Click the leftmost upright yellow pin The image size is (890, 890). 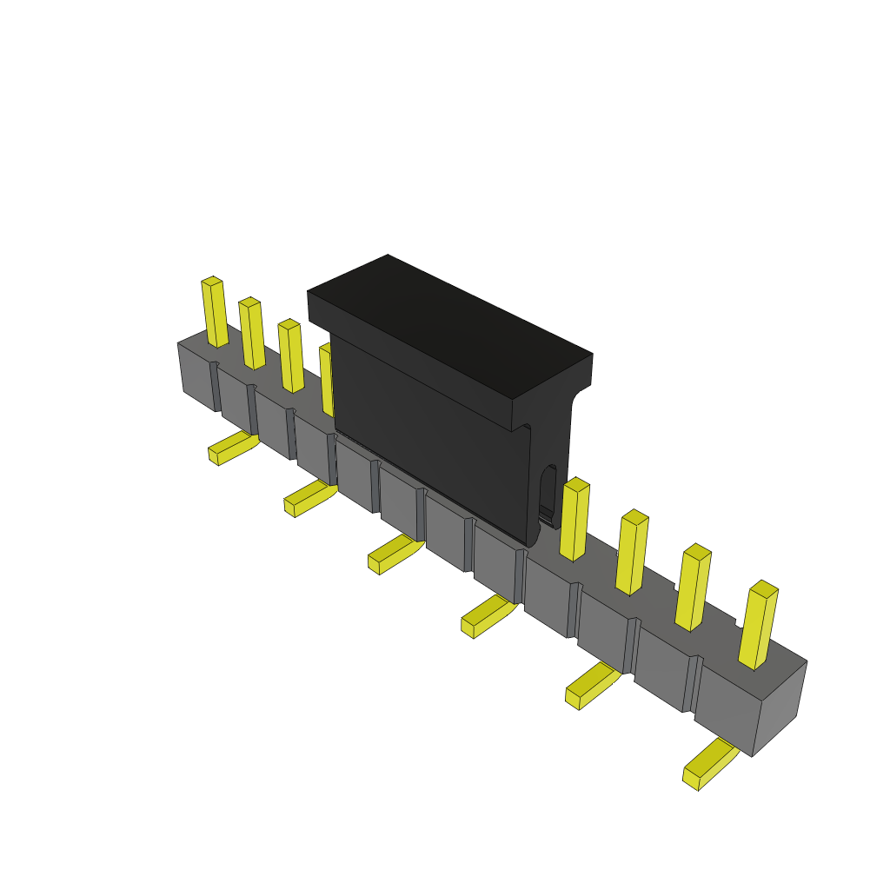(x=215, y=313)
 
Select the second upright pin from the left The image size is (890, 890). (x=252, y=334)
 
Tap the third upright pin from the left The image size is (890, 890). (x=291, y=356)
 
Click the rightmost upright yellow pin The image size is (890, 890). (x=758, y=626)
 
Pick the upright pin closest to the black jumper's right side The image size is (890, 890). (x=574, y=520)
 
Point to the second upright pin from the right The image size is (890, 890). (x=693, y=588)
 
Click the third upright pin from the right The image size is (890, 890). (x=632, y=553)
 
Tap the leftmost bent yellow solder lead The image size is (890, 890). (x=231, y=448)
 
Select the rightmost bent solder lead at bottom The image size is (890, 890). (x=708, y=765)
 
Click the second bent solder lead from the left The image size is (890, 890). (x=308, y=497)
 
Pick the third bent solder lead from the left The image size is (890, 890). (x=393, y=553)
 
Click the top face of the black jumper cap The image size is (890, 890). (x=450, y=326)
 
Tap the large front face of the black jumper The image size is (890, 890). (x=430, y=435)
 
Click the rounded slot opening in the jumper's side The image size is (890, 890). (x=548, y=491)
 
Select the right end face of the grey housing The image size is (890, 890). (x=780, y=708)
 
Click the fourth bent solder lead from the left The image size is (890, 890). (x=487, y=614)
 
